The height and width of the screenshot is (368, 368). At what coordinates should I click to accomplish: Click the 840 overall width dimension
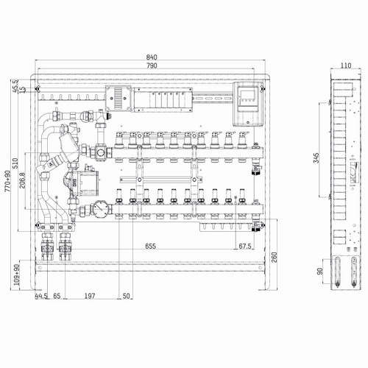tap(152, 57)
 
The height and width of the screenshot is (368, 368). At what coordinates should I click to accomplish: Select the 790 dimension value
tap(152, 66)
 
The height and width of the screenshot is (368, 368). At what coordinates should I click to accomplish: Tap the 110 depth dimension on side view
tap(346, 66)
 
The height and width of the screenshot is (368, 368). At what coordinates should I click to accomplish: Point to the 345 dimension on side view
tap(316, 158)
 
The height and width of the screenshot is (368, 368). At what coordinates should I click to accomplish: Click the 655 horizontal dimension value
tap(150, 246)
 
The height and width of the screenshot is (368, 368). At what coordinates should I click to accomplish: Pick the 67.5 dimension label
tap(245, 246)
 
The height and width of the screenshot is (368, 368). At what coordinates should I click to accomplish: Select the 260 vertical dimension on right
tap(274, 257)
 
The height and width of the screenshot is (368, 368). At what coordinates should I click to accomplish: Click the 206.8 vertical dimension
tap(22, 180)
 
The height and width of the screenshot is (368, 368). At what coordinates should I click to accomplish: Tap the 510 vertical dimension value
tap(15, 163)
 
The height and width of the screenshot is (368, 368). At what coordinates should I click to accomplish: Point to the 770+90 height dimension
tap(8, 181)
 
